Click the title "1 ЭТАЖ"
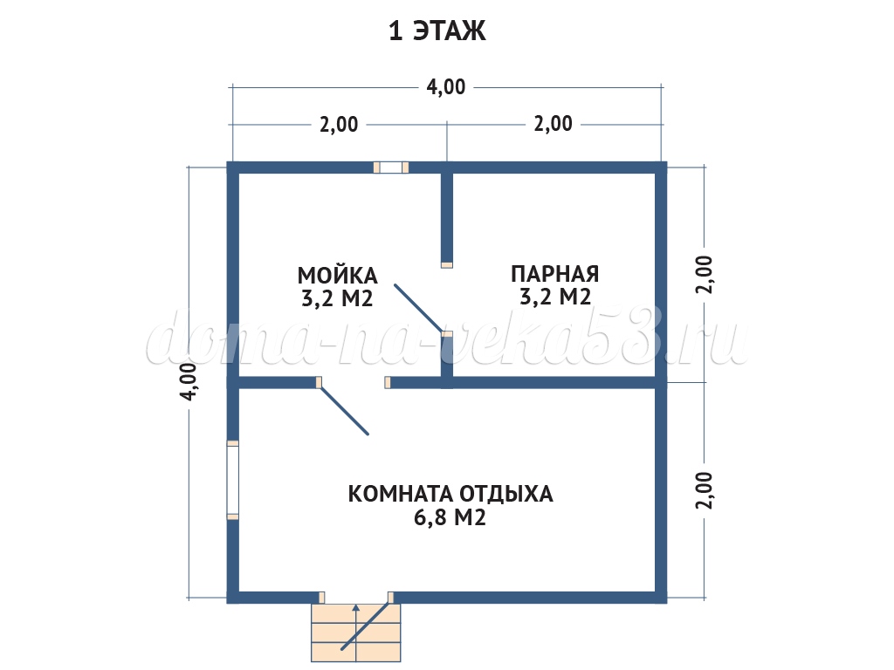click(x=437, y=31)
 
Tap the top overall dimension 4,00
click(x=446, y=87)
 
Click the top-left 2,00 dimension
click(x=339, y=124)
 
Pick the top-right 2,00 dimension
click(x=553, y=124)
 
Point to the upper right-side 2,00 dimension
click(x=705, y=275)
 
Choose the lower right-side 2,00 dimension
click(x=705, y=490)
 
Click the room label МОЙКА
click(x=338, y=276)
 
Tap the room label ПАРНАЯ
click(x=554, y=274)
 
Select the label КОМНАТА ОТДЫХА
click(x=450, y=494)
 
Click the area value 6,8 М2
click(x=450, y=518)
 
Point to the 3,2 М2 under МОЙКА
click(x=337, y=298)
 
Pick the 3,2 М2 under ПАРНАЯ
click(x=555, y=297)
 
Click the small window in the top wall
click(x=390, y=167)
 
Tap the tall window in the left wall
click(x=232, y=480)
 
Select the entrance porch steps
click(x=356, y=632)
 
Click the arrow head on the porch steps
click(x=356, y=608)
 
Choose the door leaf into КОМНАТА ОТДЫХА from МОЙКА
click(x=344, y=411)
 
